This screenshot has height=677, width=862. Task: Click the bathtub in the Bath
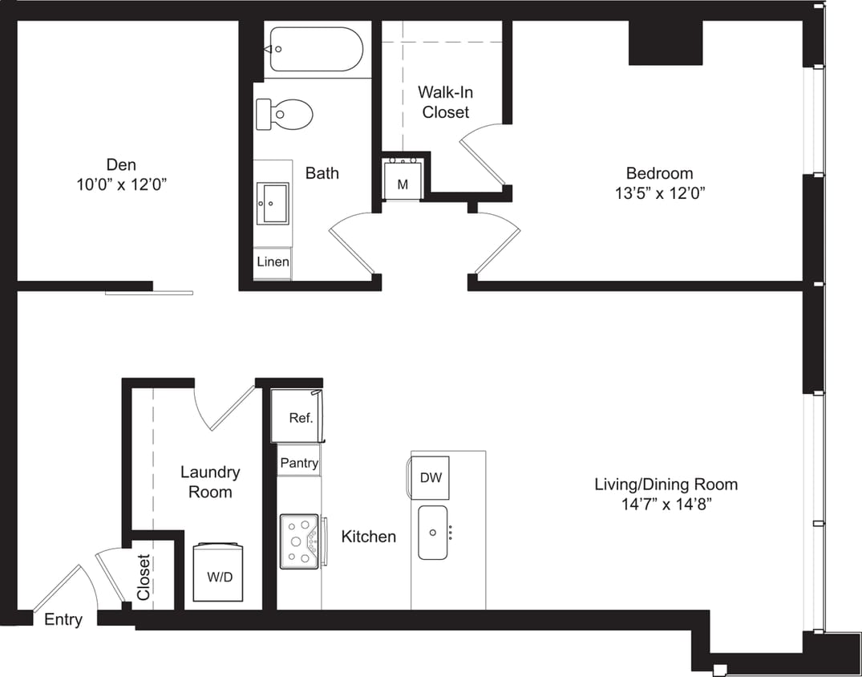(x=316, y=49)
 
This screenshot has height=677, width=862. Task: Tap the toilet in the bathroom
(x=285, y=114)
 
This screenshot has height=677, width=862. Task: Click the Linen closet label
(x=273, y=262)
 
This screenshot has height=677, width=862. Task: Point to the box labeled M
(x=403, y=184)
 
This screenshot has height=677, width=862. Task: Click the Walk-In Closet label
(x=445, y=103)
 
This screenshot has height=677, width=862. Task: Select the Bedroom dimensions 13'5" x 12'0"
(x=659, y=193)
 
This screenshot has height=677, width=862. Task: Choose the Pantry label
(x=299, y=463)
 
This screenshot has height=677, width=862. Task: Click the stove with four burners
(x=300, y=541)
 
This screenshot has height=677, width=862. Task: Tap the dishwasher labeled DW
(x=431, y=478)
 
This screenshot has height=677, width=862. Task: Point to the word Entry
(x=63, y=619)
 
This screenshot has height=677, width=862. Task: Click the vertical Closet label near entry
(x=144, y=578)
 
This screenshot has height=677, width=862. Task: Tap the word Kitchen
(x=368, y=537)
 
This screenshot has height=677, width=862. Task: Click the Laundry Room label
(x=209, y=482)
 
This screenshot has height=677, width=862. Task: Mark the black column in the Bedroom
(x=665, y=43)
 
